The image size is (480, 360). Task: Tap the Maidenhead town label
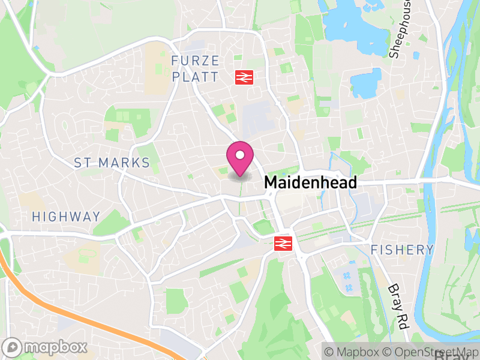310,182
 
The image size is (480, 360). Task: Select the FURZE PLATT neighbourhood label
195,69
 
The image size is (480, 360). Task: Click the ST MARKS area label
112,163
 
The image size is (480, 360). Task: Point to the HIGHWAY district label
66,217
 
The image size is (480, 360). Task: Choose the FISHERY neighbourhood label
401,250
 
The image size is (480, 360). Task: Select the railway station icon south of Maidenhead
282,243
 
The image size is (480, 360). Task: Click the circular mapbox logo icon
13,347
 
